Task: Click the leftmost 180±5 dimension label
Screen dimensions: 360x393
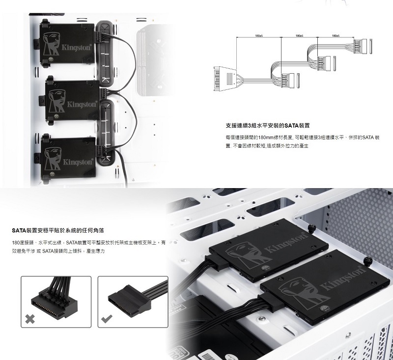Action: [259, 36]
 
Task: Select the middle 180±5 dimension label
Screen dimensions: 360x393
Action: [299, 36]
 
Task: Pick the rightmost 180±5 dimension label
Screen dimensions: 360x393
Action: [336, 36]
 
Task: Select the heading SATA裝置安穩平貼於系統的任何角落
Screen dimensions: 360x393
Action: [58, 230]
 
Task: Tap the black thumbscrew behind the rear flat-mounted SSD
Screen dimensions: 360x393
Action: [312, 228]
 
